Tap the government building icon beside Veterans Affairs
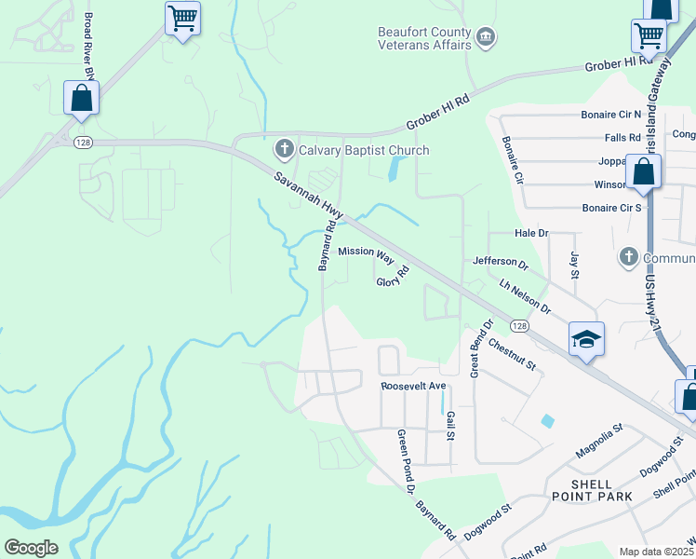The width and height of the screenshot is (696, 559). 486,37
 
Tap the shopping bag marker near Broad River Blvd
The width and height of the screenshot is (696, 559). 82,97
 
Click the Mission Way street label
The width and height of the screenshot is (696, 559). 367,252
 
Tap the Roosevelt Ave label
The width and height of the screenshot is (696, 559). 414,386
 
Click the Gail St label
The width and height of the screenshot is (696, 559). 449,427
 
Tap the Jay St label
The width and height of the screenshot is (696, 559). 575,266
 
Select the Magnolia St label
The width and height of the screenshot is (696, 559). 597,432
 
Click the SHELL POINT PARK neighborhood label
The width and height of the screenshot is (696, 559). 604,490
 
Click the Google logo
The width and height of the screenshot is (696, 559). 31,548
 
